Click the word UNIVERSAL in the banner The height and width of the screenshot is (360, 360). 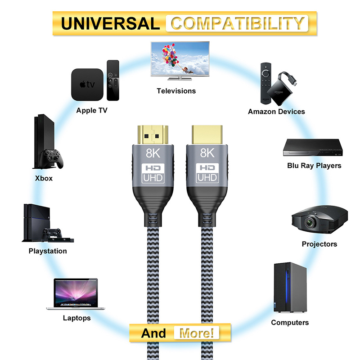pyautogui.click(x=110, y=24)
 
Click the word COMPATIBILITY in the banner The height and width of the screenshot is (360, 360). pyautogui.click(x=238, y=23)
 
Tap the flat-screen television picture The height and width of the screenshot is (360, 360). pyautogui.click(x=180, y=61)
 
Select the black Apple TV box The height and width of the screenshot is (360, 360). pyautogui.click(x=87, y=85)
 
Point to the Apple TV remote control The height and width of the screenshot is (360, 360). pyautogui.click(x=113, y=81)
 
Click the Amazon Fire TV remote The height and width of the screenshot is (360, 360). pyautogui.click(x=265, y=83)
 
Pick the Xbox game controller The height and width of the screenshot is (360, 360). pyautogui.click(x=51, y=158)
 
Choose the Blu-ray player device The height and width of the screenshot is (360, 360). pyautogui.click(x=313, y=148)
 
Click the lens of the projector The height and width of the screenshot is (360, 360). pyautogui.click(x=310, y=222)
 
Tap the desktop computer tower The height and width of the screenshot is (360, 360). pyautogui.click(x=290, y=288)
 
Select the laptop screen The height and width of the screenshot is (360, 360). pyautogui.click(x=76, y=293)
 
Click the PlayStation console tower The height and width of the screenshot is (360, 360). pyautogui.click(x=36, y=222)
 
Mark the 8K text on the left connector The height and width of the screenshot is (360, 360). pyautogui.click(x=153, y=153)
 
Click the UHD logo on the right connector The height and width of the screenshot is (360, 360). pyautogui.click(x=207, y=178)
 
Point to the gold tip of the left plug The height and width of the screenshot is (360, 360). pyautogui.click(x=153, y=135)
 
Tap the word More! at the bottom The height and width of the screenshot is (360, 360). pyautogui.click(x=197, y=333)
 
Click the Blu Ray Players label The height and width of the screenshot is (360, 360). pyautogui.click(x=314, y=166)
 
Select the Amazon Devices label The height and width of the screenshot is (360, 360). pyautogui.click(x=276, y=112)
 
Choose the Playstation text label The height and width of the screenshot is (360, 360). pyautogui.click(x=48, y=251)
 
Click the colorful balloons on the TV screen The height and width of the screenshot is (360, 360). pyautogui.click(x=171, y=54)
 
